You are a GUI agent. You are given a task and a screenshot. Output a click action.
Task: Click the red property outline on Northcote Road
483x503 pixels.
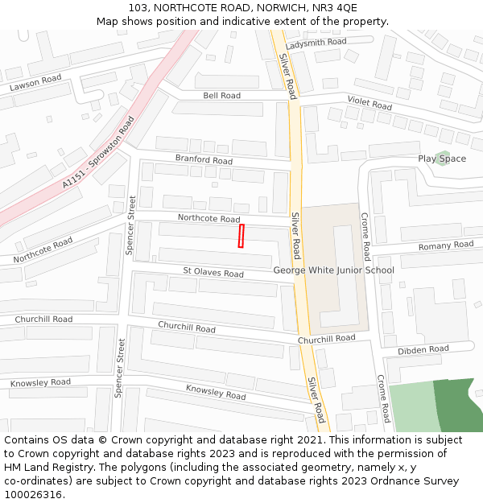(241, 237)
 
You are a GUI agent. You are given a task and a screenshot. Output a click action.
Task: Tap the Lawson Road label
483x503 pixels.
(35, 83)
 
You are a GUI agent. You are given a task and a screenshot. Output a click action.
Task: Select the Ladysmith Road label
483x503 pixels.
(316, 42)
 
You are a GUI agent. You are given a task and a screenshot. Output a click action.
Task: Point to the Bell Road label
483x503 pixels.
(221, 96)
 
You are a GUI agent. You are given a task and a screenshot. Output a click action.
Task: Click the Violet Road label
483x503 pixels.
(369, 103)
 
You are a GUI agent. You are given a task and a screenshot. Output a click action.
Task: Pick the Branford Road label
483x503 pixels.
(204, 160)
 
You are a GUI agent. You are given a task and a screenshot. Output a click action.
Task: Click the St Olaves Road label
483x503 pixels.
(213, 274)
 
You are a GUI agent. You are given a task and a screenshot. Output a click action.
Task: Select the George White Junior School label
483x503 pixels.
(333, 270)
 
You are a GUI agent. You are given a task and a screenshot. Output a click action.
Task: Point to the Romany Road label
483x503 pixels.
(446, 245)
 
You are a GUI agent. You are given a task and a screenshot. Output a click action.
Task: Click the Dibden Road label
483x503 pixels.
(423, 350)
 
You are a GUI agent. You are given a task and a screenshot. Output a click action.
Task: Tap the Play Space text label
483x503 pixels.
(442, 159)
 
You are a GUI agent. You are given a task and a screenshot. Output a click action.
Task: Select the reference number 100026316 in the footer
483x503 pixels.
(31, 495)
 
